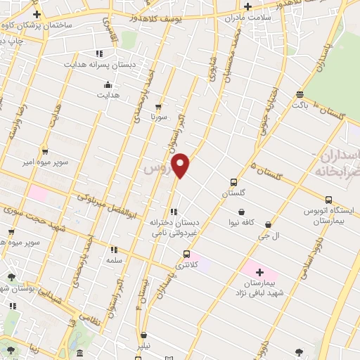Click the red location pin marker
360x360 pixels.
pyautogui.click(x=181, y=165)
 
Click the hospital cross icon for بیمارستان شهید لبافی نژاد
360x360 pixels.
pyautogui.click(x=259, y=271)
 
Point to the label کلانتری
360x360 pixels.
pyautogui.click(x=186, y=265)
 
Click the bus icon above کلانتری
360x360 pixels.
pyautogui.click(x=186, y=254)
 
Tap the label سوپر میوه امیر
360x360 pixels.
pyautogui.click(x=44, y=162)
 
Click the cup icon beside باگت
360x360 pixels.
pyautogui.click(x=300, y=94)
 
